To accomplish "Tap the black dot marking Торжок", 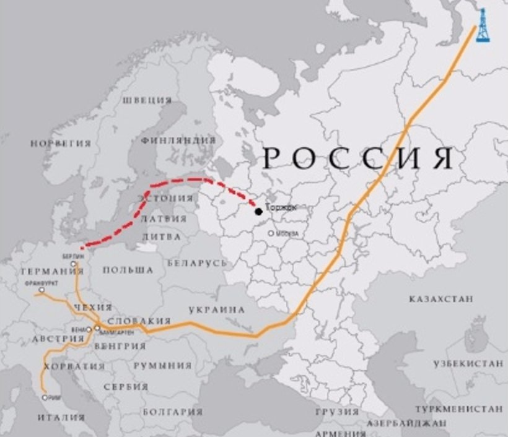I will pyautogui.click(x=258, y=212).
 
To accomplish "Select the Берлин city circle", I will pyautogui.click(x=73, y=264).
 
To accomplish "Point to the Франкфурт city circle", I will pyautogui.click(x=42, y=290).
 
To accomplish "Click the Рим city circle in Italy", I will pyautogui.click(x=45, y=397).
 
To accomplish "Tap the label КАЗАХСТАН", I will pyautogui.click(x=440, y=299).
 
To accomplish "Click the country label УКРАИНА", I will pyautogui.click(x=216, y=309).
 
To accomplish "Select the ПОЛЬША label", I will pyautogui.click(x=128, y=270).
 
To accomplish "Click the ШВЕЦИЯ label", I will pyautogui.click(x=146, y=100).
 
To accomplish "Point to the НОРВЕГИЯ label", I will pyautogui.click(x=60, y=143).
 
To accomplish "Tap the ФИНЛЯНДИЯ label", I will pyautogui.click(x=178, y=140).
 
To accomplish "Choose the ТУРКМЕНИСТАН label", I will pyautogui.click(x=459, y=409).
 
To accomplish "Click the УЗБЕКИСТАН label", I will pyautogui.click(x=468, y=363).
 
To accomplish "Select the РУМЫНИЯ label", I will pyautogui.click(x=162, y=365).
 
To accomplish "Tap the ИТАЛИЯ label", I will pyautogui.click(x=61, y=417).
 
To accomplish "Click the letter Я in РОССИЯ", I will pyautogui.click(x=442, y=158).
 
